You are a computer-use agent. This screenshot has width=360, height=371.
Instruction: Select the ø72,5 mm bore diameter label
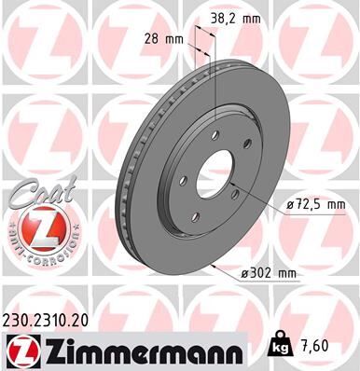(x=316, y=204)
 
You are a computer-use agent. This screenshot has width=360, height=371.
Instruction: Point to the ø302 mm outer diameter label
(x=268, y=272)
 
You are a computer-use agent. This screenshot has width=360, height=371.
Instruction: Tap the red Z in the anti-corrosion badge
(x=35, y=228)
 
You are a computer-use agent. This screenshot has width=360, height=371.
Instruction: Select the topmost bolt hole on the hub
(x=215, y=135)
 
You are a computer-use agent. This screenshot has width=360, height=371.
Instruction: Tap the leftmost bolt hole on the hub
(x=183, y=180)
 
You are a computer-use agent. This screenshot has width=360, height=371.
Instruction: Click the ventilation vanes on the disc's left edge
(x=121, y=186)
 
